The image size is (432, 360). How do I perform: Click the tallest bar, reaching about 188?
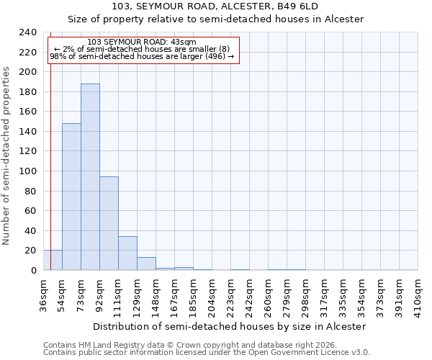tap(90, 177)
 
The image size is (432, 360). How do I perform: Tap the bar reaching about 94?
tap(109, 223)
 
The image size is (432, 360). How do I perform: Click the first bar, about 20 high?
tap(53, 260)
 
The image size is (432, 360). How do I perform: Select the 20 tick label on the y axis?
tap(31, 251)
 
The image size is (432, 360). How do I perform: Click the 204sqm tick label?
tap(212, 295)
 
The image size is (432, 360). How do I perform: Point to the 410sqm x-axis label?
tap(418, 295)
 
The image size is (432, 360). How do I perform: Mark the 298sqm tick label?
tap(305, 295)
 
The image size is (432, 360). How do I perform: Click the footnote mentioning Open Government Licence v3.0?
tap(207, 353)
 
